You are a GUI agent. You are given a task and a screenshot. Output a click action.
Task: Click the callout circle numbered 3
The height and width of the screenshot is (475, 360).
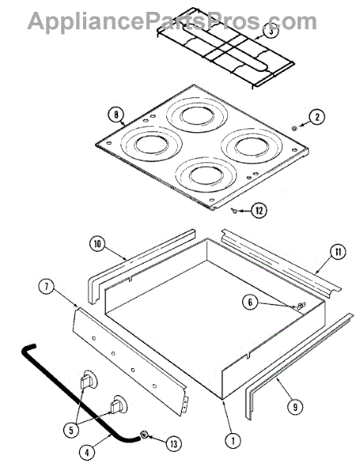click(271, 32)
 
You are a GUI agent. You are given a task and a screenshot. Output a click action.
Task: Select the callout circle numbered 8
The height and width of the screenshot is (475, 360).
click(116, 115)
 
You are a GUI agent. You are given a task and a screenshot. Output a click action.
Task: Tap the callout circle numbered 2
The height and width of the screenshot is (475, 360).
click(316, 116)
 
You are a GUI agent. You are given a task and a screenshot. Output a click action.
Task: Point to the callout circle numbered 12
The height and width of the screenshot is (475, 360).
click(260, 211)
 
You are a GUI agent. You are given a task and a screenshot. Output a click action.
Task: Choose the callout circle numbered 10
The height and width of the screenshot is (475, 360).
click(97, 244)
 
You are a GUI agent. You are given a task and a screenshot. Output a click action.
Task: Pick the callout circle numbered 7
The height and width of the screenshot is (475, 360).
click(47, 287)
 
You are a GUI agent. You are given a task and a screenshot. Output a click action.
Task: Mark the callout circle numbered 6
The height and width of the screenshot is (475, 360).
click(250, 302)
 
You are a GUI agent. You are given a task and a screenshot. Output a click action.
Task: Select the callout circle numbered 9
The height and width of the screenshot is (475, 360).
click(295, 407)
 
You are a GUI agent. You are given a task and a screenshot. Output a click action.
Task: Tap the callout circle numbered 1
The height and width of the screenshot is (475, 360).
click(233, 441)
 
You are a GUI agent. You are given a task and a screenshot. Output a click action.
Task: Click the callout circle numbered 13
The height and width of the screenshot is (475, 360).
click(173, 444)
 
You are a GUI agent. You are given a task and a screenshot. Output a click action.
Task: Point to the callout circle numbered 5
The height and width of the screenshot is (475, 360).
click(71, 430)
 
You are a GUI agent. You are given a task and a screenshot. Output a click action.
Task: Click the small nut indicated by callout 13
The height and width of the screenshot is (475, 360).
click(144, 435)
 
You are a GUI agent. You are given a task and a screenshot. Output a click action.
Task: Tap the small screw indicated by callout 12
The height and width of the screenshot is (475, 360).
click(233, 210)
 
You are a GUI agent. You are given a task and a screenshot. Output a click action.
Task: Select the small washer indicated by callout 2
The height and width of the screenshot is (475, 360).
click(294, 128)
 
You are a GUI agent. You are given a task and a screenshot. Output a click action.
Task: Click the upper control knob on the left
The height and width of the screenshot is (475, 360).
click(89, 379)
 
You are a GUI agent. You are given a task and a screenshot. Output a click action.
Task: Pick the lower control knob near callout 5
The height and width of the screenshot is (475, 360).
click(119, 405)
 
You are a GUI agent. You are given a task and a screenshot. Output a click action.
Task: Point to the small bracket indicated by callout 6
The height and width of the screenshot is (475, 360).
click(301, 306)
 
